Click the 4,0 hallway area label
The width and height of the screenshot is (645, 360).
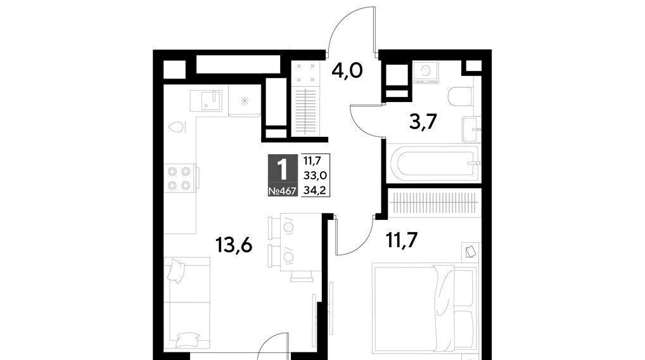click(347, 70)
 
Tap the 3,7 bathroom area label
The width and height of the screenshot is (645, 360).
click(423, 122)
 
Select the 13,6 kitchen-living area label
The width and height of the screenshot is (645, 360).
click(234, 246)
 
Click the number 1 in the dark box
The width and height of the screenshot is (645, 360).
click(282, 169)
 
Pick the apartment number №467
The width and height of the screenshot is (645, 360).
click(282, 191)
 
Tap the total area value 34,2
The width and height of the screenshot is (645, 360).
click(315, 190)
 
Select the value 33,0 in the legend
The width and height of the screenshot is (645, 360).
click(315, 176)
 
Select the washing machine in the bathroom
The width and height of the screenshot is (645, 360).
click(426, 72)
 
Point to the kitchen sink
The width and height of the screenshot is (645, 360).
click(206, 101)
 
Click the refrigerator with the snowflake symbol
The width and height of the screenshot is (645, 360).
click(245, 100)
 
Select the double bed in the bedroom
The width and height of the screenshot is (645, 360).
click(425, 308)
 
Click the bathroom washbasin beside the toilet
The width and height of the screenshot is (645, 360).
click(471, 129)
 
